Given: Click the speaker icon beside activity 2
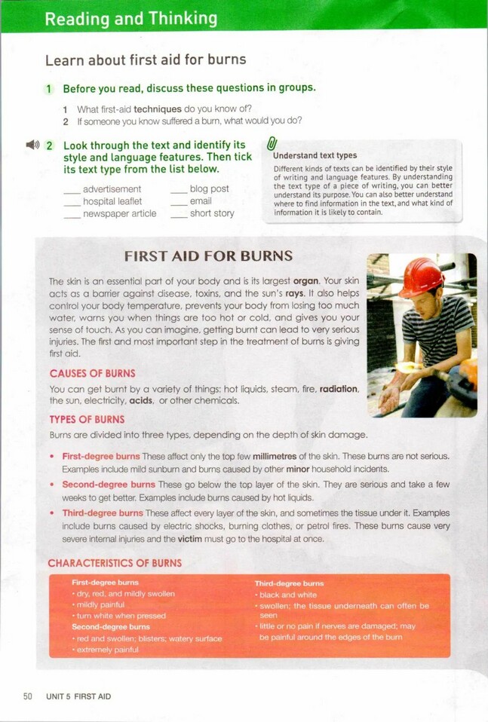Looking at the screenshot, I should pyautogui.click(x=32, y=145).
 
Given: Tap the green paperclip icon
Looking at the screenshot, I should pyautogui.click(x=272, y=142).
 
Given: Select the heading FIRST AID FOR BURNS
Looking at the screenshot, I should pyautogui.click(x=208, y=256).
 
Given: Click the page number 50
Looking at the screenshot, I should pyautogui.click(x=27, y=696).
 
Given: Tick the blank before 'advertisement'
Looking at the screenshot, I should pyautogui.click(x=72, y=190).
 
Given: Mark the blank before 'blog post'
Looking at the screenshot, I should pyautogui.click(x=179, y=190).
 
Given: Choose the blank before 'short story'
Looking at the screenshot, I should pyautogui.click(x=179, y=214).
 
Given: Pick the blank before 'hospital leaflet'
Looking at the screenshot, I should pyautogui.click(x=72, y=202).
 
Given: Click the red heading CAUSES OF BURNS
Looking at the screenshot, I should pyautogui.click(x=92, y=374).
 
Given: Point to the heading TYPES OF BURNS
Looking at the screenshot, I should pyautogui.click(x=87, y=420).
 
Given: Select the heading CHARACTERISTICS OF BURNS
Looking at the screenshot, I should pyautogui.click(x=115, y=563).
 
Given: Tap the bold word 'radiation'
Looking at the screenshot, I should pyautogui.click(x=338, y=389).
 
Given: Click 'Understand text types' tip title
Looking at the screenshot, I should pyautogui.click(x=315, y=156).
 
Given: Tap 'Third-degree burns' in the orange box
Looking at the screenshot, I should pyautogui.click(x=289, y=583).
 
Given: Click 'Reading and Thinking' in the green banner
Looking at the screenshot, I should pyautogui.click(x=130, y=18).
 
